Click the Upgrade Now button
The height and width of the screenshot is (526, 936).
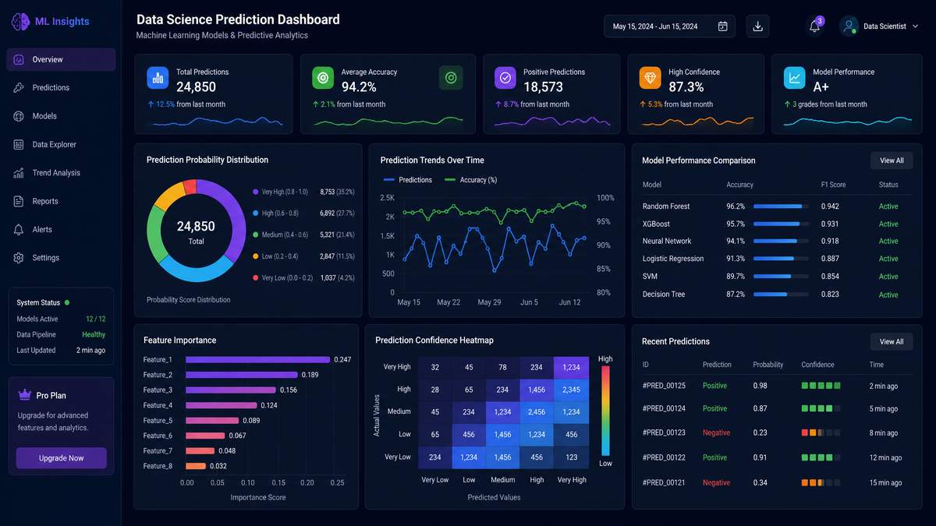coord(62,458)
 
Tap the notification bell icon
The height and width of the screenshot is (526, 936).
coord(814,26)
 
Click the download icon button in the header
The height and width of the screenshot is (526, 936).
coord(757,26)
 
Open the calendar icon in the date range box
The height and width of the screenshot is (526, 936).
coord(722,26)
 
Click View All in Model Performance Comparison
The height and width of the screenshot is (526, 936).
coord(892,161)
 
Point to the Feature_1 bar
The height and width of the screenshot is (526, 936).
coord(258,359)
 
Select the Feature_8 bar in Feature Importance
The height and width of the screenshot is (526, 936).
coord(196,466)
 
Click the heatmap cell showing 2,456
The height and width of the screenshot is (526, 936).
coord(537,412)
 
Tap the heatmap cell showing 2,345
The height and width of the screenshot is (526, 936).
coord(571,390)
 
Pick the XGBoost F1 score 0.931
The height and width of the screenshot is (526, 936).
coord(829,224)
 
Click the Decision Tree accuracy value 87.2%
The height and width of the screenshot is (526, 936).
coord(736,295)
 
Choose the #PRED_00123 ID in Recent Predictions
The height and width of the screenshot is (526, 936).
coord(664,433)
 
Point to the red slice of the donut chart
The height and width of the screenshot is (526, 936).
coord(190,186)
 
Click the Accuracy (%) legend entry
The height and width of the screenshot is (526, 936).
coord(471,180)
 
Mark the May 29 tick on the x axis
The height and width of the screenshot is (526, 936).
coord(489,302)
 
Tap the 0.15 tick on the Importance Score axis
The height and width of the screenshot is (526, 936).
coord(278,482)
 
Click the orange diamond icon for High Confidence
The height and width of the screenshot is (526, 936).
coord(650,78)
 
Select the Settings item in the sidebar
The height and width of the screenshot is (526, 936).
coord(45,258)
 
